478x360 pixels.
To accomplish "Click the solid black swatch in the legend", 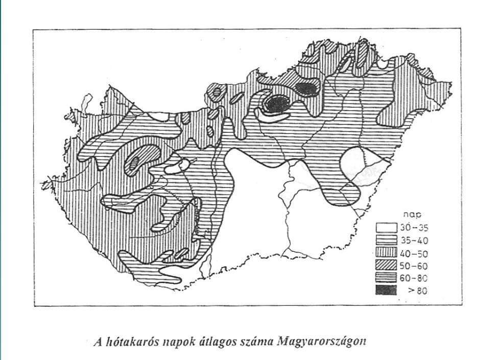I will tap(386, 291).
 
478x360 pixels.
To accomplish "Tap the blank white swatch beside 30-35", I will tap(386, 228).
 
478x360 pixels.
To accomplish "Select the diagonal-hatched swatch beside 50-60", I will tap(386, 266).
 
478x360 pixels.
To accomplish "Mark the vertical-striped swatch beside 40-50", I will tap(386, 253).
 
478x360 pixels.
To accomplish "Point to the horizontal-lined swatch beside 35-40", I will tap(386, 240).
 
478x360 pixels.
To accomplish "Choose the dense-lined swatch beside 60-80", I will tap(386, 278).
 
